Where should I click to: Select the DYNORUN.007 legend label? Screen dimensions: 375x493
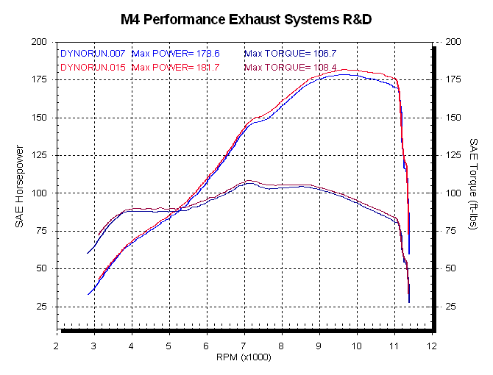pos(93,54)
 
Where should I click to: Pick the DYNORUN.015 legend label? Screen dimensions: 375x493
pos(93,68)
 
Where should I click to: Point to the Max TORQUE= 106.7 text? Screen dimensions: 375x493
pos(290,54)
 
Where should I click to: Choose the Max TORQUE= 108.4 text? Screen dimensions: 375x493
pos(290,68)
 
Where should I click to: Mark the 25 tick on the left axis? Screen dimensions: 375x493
pos(42,306)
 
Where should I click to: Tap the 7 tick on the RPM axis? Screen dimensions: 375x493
pos(244,344)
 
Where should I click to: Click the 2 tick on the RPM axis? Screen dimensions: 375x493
pos(57,344)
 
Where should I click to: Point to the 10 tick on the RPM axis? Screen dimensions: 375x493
pos(357,344)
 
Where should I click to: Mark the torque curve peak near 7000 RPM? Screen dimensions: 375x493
pos(249,181)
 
